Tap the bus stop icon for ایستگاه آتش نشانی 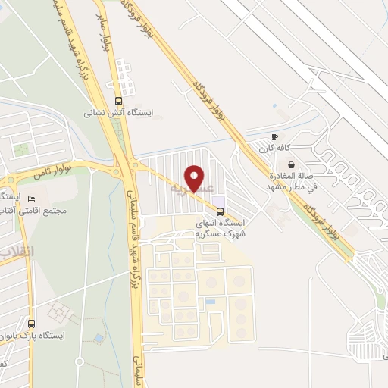click(117, 100)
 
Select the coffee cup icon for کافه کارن click(274, 137)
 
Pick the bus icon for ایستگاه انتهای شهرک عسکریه click(220, 210)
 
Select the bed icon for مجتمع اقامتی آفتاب click(31, 199)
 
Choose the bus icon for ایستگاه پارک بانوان click(31, 322)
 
